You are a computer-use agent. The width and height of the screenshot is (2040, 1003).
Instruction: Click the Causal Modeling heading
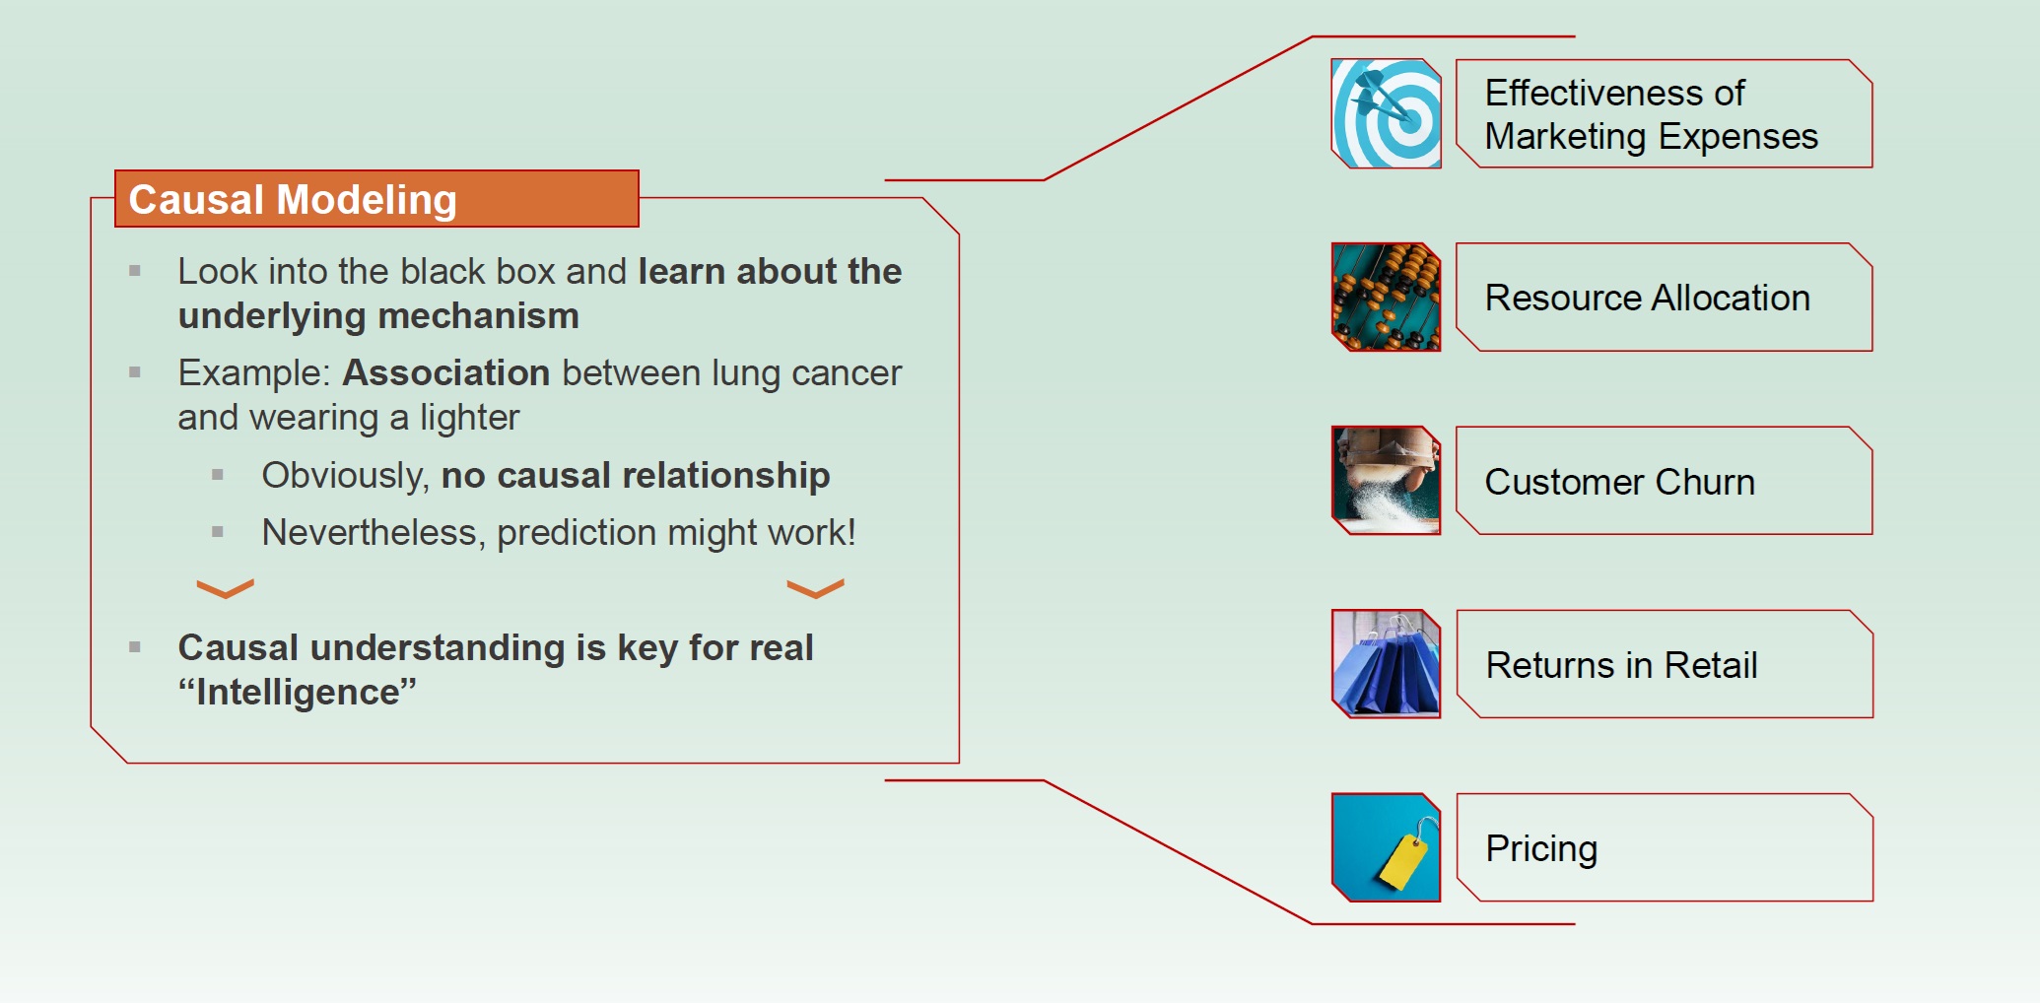(293, 200)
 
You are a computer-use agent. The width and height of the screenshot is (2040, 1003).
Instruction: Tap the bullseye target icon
(1386, 113)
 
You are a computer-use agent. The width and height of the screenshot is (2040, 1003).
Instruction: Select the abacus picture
(1386, 297)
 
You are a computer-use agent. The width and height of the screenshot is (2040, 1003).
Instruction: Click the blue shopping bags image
(1386, 663)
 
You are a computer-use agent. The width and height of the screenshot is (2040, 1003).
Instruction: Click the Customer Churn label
(1619, 482)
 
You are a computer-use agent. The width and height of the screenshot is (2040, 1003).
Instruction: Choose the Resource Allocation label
(1647, 298)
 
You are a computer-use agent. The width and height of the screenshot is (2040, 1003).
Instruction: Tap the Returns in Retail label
(1621, 665)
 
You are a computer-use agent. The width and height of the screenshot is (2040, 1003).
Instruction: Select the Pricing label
(1541, 849)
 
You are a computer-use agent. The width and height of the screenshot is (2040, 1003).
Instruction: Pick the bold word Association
(445, 373)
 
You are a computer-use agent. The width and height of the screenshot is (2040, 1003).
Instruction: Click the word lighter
(469, 418)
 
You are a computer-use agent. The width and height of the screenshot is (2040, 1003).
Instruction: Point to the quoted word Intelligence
(297, 692)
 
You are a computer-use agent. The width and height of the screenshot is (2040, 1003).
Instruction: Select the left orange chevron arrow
(225, 588)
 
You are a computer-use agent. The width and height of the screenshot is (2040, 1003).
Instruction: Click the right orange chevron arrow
(815, 588)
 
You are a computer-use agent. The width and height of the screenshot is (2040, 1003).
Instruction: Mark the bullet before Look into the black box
(135, 271)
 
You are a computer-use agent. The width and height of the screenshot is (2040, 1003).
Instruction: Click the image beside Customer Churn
(1386, 480)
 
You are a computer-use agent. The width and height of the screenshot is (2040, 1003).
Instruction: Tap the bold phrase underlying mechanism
(378, 316)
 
